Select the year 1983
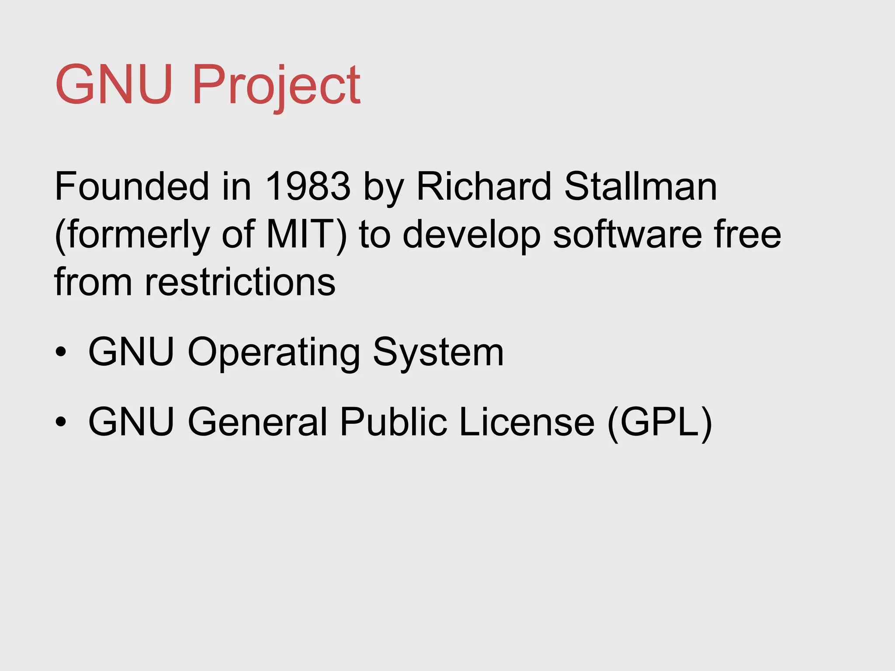click(308, 187)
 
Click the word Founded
click(132, 187)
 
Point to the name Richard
click(484, 187)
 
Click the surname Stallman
click(640, 187)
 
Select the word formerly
click(137, 235)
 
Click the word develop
click(472, 235)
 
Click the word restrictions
click(240, 282)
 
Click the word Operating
click(274, 353)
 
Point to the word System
click(438, 353)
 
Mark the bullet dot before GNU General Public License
click(61, 422)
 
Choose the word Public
click(393, 422)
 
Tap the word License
click(527, 422)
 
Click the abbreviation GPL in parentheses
click(660, 422)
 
